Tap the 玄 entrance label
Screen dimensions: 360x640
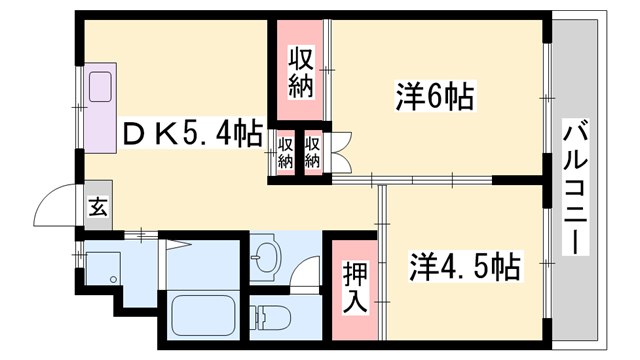[x=98, y=208]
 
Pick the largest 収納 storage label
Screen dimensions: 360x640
[x=301, y=72]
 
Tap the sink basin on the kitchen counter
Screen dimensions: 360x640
[x=103, y=89]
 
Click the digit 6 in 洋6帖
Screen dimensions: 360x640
[x=437, y=97]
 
